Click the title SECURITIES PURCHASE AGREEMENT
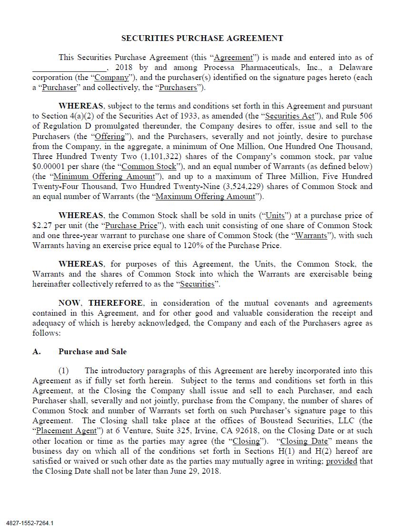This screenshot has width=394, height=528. click(202, 38)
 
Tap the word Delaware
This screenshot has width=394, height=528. click(356, 68)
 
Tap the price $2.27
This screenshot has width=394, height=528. click(41, 226)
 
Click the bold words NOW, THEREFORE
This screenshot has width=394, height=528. click(100, 303)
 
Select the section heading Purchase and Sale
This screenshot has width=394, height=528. click(93, 352)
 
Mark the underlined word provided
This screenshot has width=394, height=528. click(341, 461)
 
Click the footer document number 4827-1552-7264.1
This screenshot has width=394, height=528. click(30, 523)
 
